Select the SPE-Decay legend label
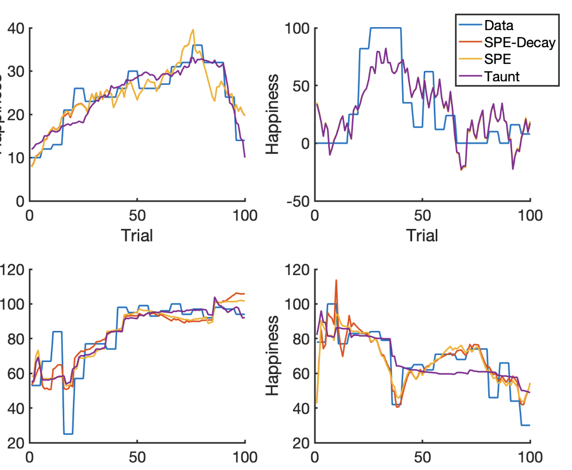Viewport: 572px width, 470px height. click(x=520, y=43)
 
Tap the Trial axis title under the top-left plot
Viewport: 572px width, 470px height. click(x=137, y=234)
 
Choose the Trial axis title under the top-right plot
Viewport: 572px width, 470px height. click(x=422, y=234)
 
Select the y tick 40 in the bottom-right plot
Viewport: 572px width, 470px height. click(x=300, y=408)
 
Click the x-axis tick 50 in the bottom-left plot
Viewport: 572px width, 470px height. click(x=137, y=457)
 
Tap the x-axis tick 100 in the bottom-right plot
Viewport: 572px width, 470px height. click(x=530, y=457)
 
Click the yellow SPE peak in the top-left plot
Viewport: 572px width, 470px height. click(x=193, y=30)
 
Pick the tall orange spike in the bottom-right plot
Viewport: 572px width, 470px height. click(x=336, y=281)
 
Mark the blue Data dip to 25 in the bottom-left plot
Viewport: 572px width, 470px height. click(x=68, y=433)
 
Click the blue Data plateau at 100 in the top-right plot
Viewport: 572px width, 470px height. click(x=386, y=28)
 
